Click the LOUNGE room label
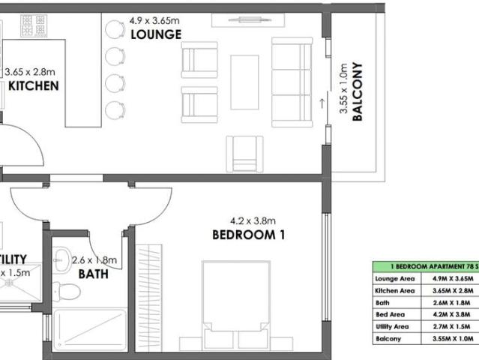(155, 35)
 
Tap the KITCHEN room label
(34, 86)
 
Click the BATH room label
(94, 274)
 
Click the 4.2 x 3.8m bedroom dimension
(253, 220)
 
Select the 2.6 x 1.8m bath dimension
(94, 260)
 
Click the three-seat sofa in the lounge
(292, 82)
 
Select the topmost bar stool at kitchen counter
(113, 29)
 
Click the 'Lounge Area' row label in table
(394, 278)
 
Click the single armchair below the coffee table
(245, 153)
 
